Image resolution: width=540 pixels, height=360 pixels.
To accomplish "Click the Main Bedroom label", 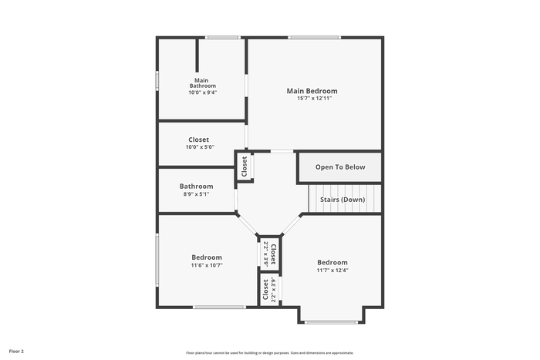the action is [x=312, y=91].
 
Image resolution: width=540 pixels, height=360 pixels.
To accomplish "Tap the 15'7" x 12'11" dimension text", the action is [x=315, y=99].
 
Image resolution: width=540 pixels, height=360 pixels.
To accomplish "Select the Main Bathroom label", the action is [x=202, y=83].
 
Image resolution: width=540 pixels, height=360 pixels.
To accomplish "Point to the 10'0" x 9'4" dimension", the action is [x=202, y=93].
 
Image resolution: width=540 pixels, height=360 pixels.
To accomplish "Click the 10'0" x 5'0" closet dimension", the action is [x=200, y=147].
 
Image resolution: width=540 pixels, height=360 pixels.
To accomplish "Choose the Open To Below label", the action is [x=340, y=167].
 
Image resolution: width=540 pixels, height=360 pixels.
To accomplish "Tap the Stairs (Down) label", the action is [x=343, y=200].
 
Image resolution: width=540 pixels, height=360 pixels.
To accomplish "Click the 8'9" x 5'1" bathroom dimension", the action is [x=196, y=194].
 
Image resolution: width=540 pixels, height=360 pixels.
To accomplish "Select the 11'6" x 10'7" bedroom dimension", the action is [x=207, y=265].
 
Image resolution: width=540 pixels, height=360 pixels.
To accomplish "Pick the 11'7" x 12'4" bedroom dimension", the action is [x=332, y=270].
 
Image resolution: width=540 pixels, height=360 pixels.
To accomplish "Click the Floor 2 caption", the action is [x=16, y=352].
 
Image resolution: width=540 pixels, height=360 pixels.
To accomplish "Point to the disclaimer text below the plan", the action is [x=270, y=353].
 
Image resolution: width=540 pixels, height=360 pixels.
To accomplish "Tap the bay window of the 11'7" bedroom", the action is [x=331, y=322].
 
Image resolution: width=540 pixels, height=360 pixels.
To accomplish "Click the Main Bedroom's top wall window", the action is [x=315, y=37].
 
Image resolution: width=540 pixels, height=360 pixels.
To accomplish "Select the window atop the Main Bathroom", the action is [x=222, y=37].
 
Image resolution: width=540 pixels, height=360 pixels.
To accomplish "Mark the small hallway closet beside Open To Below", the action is [x=245, y=167].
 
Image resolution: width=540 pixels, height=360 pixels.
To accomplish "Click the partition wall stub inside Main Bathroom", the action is [x=197, y=55].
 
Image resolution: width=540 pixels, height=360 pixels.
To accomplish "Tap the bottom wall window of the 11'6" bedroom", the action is [x=219, y=307].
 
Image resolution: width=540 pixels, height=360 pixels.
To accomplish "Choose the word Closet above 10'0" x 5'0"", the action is [x=199, y=140].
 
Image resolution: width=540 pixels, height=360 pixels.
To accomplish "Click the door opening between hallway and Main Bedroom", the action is [x=282, y=151].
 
